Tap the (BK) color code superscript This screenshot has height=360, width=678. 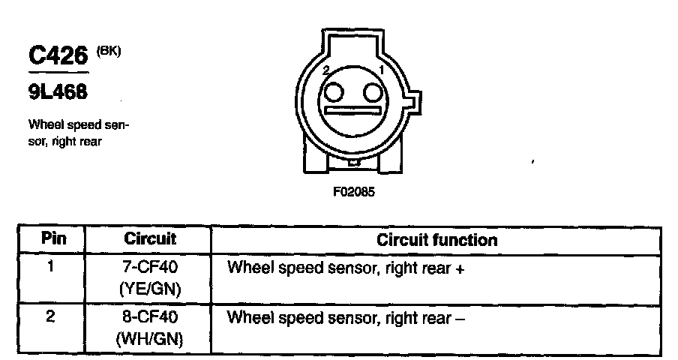(x=107, y=51)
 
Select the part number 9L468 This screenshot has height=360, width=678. (x=58, y=92)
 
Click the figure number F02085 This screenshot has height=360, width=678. (x=354, y=191)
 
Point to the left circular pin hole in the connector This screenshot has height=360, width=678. (x=335, y=93)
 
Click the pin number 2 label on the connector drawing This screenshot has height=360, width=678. (x=325, y=70)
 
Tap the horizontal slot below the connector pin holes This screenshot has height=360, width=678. (x=353, y=113)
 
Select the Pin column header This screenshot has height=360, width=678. (x=53, y=240)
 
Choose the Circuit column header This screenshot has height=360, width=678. (x=150, y=240)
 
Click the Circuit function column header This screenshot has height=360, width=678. (x=436, y=241)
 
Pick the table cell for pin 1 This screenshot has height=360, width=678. (x=51, y=265)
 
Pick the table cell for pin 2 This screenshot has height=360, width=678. (x=51, y=316)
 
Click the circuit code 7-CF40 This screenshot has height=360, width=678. (x=151, y=267)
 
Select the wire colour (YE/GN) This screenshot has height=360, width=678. (x=150, y=288)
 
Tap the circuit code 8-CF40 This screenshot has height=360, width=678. (x=151, y=317)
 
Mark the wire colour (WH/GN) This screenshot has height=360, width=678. (x=150, y=339)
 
